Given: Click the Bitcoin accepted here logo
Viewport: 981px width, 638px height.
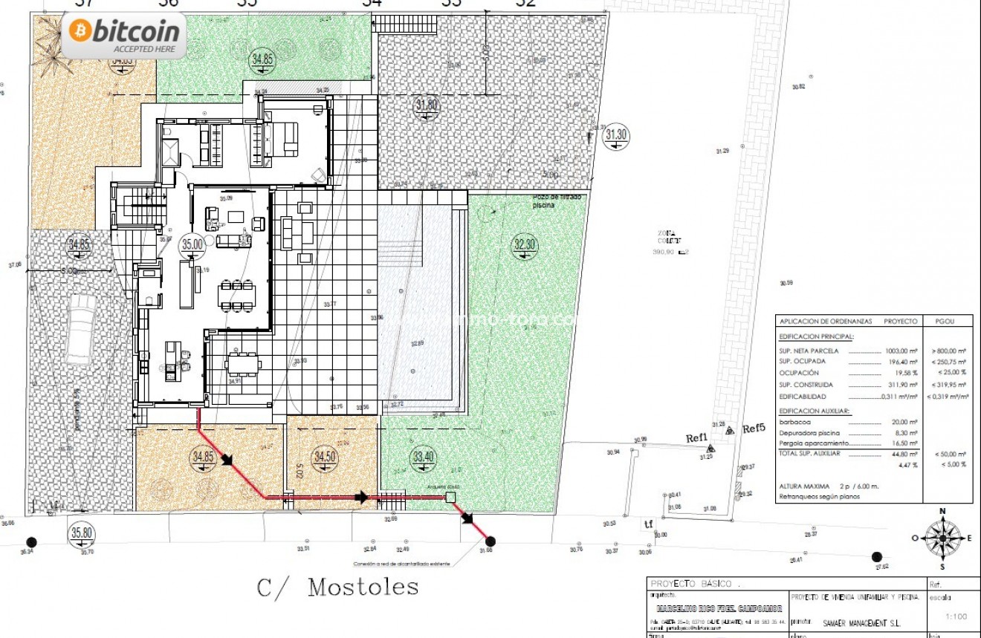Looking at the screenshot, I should pyautogui.click(x=123, y=35).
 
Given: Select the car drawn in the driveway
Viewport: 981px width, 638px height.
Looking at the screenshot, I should pyautogui.click(x=80, y=330).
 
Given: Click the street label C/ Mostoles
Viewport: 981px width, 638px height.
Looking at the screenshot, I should pyautogui.click(x=337, y=587).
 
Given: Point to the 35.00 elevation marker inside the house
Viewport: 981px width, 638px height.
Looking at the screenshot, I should pyautogui.click(x=192, y=244).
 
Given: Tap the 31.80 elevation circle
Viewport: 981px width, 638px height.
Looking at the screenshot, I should pyautogui.click(x=427, y=105).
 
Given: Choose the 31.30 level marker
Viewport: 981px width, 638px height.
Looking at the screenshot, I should pyautogui.click(x=616, y=134).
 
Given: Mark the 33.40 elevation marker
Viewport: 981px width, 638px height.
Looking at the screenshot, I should pyautogui.click(x=423, y=456).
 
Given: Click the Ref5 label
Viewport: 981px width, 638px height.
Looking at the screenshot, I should pyautogui.click(x=754, y=428).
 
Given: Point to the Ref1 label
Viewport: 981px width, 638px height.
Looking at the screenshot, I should pyautogui.click(x=696, y=438).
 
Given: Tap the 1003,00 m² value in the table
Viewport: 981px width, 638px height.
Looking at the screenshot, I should pyautogui.click(x=902, y=351).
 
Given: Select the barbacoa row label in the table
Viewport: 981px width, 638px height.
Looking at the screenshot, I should pyautogui.click(x=794, y=421).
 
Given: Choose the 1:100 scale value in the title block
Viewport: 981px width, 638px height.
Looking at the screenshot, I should pyautogui.click(x=955, y=616).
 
